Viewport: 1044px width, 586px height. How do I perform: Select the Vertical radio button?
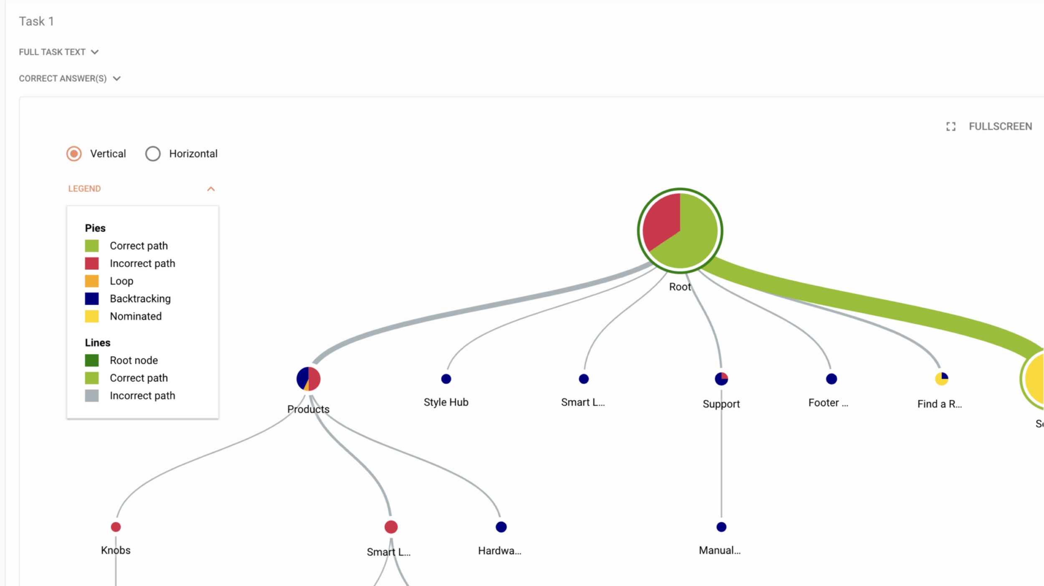point(74,154)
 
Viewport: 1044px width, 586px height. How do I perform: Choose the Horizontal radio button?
point(153,154)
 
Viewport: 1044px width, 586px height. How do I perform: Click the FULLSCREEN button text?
point(1000,127)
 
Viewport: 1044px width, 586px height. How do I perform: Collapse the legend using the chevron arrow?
point(211,189)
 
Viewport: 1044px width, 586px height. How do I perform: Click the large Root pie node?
point(680,231)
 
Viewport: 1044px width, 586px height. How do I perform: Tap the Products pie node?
point(308,379)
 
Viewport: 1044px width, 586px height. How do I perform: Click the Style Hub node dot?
point(446,379)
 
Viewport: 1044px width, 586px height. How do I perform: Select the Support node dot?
point(721,379)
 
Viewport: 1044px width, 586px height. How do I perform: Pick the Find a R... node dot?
point(941,379)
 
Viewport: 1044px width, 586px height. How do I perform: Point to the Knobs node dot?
point(116,527)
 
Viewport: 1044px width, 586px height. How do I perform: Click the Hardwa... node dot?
point(501,527)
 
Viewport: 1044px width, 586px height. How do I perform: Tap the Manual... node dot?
point(721,527)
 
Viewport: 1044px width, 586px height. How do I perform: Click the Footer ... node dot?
point(831,379)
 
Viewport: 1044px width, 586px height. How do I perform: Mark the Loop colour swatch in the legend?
point(92,281)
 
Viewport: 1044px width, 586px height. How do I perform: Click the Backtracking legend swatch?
point(92,299)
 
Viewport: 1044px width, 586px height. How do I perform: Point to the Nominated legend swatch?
point(92,316)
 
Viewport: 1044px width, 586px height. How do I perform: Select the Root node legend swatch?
point(92,360)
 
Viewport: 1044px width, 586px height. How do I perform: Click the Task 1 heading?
point(36,21)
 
